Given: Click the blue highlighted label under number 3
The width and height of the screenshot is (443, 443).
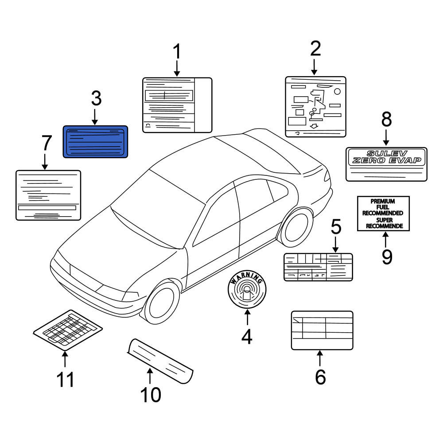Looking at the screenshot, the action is [95, 142].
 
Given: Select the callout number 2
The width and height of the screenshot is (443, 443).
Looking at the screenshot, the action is [315, 49].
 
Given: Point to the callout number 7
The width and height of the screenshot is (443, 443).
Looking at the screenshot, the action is [47, 143].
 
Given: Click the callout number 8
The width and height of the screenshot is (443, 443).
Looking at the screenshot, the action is [386, 119].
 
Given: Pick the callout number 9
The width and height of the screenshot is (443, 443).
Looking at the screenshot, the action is [387, 257].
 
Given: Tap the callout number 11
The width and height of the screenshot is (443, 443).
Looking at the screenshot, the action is [65, 380].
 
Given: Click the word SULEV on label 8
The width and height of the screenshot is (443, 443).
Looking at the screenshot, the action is [387, 153].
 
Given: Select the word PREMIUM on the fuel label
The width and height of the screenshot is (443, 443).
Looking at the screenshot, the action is [383, 201].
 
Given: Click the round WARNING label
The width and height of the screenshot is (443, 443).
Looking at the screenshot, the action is [247, 289].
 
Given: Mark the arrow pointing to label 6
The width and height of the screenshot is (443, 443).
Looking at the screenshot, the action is [320, 358].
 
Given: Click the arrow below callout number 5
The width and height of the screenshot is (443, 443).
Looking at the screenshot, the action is [335, 245].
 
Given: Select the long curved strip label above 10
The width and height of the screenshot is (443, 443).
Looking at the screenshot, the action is [160, 361].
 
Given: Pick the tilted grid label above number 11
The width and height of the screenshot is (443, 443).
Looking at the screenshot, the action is [68, 330].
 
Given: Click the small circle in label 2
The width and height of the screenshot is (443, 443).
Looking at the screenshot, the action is [337, 92].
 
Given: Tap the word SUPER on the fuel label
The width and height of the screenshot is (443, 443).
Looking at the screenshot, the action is [384, 220].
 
